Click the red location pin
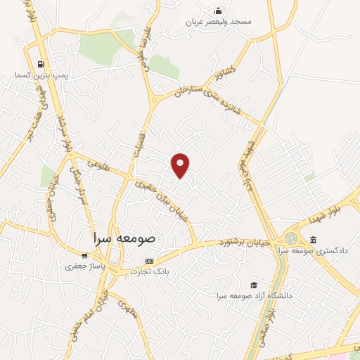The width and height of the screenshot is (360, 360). pos(181,165)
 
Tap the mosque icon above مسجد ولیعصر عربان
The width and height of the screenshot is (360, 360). pos(219,11)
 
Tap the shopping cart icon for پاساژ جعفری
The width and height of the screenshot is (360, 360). pos(84,255)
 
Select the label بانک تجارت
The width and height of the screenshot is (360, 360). pos(150,271)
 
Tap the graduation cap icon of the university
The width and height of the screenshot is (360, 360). pos(253,285)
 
